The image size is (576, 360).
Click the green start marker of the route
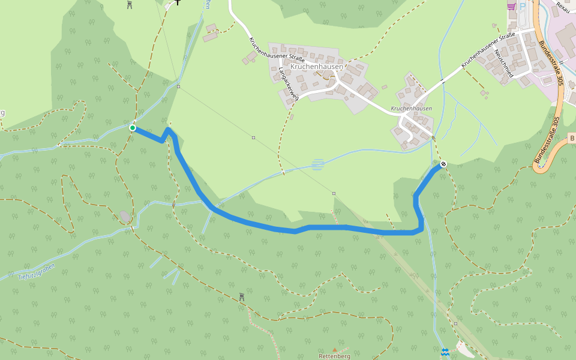click(x=132, y=128)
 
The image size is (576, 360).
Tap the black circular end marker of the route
click(x=443, y=164)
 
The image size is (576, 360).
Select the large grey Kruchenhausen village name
click(x=316, y=67)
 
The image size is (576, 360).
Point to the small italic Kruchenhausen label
click(x=411, y=109)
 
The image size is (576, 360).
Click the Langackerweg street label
click(x=288, y=83)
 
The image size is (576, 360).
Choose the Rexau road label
click(x=563, y=7)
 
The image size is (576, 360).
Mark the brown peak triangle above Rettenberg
click(x=335, y=349)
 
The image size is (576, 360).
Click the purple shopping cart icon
click(x=511, y=5)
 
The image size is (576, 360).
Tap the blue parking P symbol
click(x=522, y=5)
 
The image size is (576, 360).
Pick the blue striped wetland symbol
click(x=318, y=164)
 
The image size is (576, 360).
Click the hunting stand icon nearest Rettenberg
click(x=242, y=296)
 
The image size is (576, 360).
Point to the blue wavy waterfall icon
click(x=445, y=351)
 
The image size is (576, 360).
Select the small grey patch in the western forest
click(x=124, y=215)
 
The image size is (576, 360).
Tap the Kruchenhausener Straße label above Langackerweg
click(x=277, y=50)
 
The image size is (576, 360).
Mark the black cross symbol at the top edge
click(x=178, y=2)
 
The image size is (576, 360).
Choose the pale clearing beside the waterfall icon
click(x=464, y=347)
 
